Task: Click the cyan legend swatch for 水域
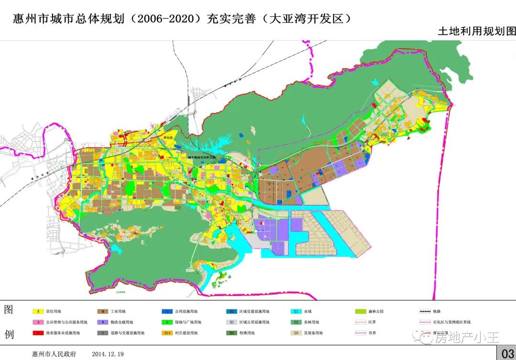296,311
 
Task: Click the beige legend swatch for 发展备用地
296,333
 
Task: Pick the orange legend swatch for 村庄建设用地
167,333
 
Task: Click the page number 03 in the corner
506,353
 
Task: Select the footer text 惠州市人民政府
47,354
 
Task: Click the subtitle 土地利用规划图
476,31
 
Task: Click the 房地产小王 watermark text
466,338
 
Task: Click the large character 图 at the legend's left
9,309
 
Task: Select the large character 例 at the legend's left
9,333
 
